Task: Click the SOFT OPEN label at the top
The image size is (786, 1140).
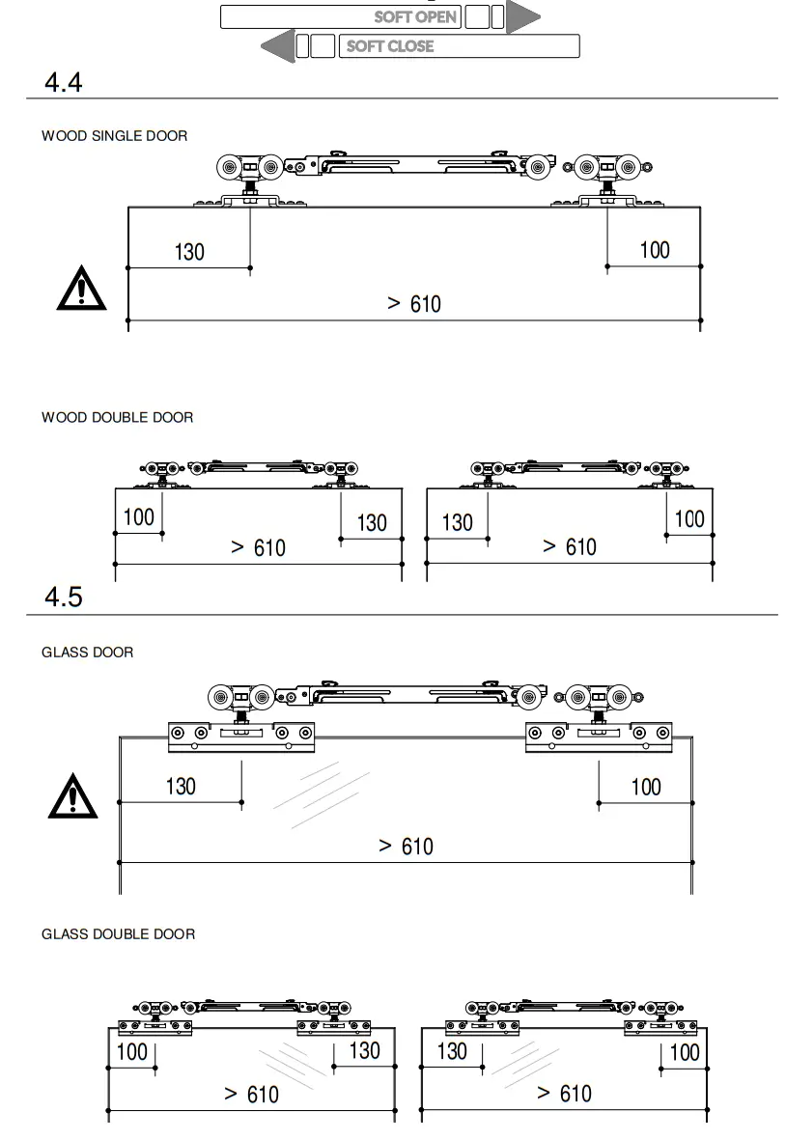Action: click(415, 16)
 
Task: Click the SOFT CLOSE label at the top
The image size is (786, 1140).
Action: click(390, 45)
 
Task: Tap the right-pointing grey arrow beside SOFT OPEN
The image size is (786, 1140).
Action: click(522, 16)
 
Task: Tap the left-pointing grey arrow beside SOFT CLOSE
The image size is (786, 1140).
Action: click(278, 45)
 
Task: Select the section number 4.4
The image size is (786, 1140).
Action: click(64, 82)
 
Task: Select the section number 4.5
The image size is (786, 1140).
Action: click(64, 598)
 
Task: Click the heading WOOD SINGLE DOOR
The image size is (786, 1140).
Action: click(114, 136)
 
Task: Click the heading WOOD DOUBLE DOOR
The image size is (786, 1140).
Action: click(117, 417)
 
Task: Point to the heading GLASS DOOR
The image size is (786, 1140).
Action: click(87, 653)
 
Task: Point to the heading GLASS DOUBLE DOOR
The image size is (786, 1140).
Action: click(118, 934)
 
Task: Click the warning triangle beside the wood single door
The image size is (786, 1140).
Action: click(81, 288)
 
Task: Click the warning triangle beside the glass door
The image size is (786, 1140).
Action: click(72, 796)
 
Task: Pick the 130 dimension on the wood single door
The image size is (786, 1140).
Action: click(189, 252)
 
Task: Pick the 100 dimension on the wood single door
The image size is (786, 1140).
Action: click(655, 250)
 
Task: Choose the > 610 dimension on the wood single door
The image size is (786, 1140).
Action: click(413, 304)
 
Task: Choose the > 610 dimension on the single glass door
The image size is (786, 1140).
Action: click(406, 847)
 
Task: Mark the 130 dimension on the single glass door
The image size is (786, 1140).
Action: click(181, 786)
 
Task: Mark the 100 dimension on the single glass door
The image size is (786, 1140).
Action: click(646, 787)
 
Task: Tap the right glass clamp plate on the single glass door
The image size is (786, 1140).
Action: click(599, 736)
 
